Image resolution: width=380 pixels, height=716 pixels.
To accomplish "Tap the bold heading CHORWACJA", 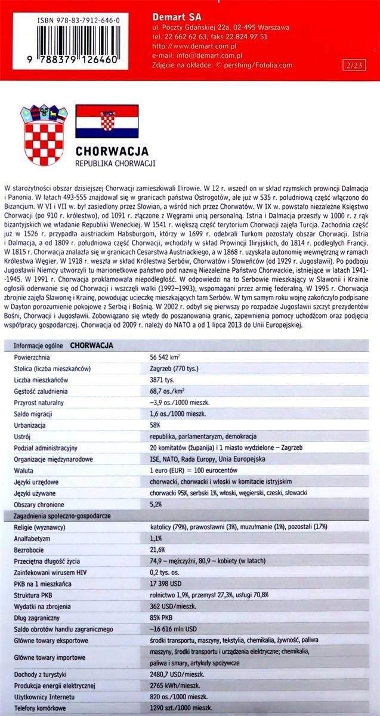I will (x=112, y=152).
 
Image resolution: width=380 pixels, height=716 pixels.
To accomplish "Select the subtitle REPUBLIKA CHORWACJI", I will (x=115, y=163).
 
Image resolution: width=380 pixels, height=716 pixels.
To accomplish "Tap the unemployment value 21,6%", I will (x=158, y=550).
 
